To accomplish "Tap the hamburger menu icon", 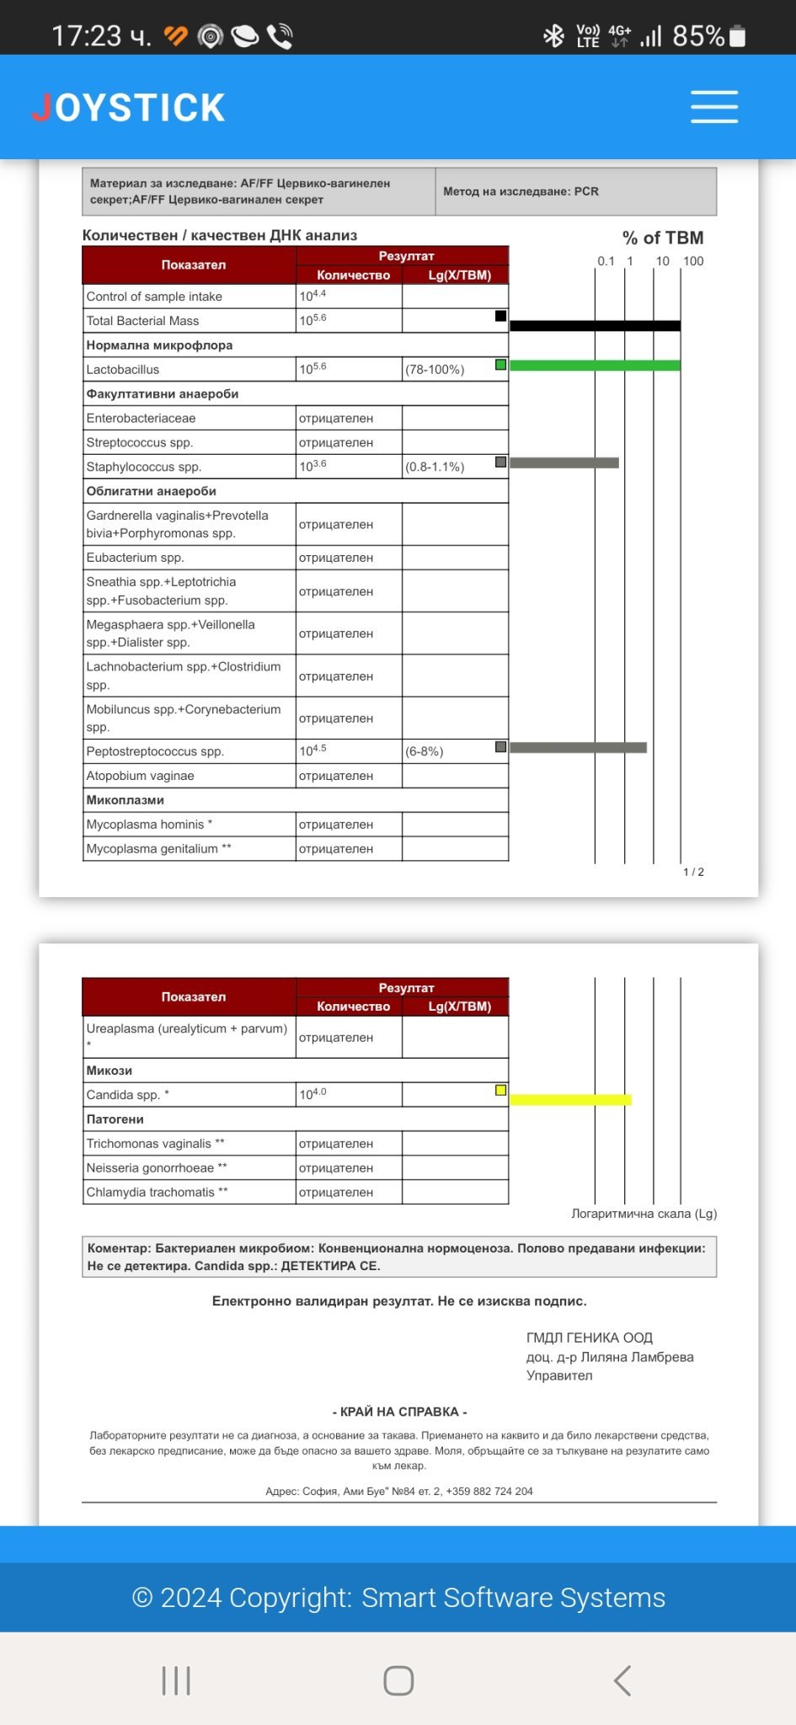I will tap(713, 108).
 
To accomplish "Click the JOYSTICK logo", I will tap(129, 108).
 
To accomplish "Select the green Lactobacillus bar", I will tap(595, 366).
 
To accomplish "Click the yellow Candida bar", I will tap(570, 1099).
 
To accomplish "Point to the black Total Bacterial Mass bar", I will tap(595, 326).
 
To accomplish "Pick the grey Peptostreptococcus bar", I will tap(578, 747).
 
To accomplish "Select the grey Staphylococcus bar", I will tap(564, 462).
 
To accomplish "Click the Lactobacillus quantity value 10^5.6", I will tap(313, 369).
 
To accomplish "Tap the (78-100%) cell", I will tap(435, 370).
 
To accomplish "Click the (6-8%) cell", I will tap(425, 751).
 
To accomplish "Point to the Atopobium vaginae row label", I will tap(141, 776).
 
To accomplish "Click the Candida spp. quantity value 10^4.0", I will tap(313, 1094).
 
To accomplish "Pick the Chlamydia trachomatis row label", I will tap(157, 1192).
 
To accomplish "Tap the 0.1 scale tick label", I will tap(606, 261).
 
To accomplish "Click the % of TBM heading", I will tap(663, 238).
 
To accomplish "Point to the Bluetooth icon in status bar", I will tap(553, 36).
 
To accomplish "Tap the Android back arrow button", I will tap(622, 1680).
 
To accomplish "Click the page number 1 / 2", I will tap(693, 872).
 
